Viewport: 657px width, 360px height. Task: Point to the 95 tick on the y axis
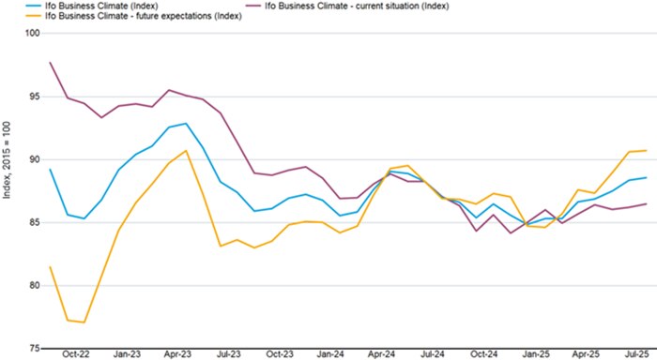[35, 97]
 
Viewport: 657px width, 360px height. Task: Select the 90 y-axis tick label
[35, 159]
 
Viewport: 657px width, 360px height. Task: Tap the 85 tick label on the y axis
[35, 222]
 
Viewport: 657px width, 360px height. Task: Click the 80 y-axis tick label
[35, 285]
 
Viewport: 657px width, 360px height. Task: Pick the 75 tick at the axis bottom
[35, 348]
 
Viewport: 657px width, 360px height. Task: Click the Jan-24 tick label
[329, 355]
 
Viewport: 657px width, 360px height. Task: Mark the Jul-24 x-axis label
[433, 355]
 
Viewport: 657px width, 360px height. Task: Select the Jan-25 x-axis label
[536, 355]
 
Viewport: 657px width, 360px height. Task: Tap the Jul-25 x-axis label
[637, 355]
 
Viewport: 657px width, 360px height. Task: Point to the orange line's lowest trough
[84, 322]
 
